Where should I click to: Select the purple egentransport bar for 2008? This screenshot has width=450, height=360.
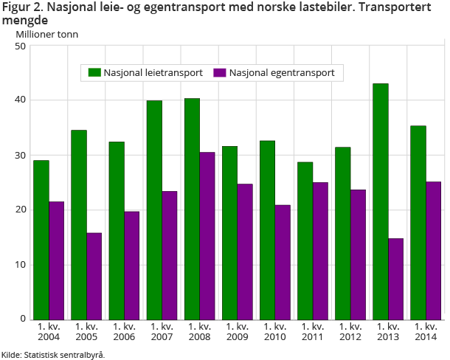(207, 235)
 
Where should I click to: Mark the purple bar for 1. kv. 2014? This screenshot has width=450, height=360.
(434, 250)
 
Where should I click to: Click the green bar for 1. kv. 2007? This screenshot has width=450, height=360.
(154, 210)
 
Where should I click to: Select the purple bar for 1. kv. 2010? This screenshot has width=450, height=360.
(283, 261)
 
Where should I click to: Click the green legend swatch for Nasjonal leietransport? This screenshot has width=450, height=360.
(94, 72)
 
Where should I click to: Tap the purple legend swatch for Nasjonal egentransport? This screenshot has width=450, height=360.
(219, 72)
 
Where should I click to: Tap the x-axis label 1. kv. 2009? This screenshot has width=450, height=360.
(238, 331)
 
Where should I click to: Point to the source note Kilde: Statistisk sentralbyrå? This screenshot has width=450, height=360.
(53, 354)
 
